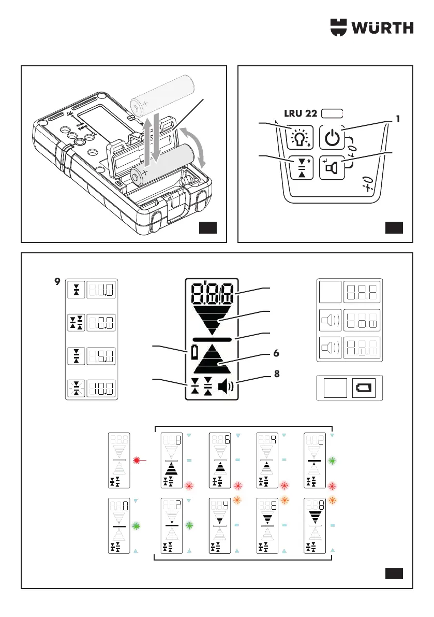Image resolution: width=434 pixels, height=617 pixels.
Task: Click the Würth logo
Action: (372, 26)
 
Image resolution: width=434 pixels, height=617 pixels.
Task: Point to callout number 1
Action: (398, 119)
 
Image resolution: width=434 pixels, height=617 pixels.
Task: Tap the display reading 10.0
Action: (101, 389)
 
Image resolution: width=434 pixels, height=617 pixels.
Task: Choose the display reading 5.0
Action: (101, 357)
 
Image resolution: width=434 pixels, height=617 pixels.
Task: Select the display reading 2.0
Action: (101, 324)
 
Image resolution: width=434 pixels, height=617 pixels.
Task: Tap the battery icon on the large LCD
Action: (194, 353)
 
